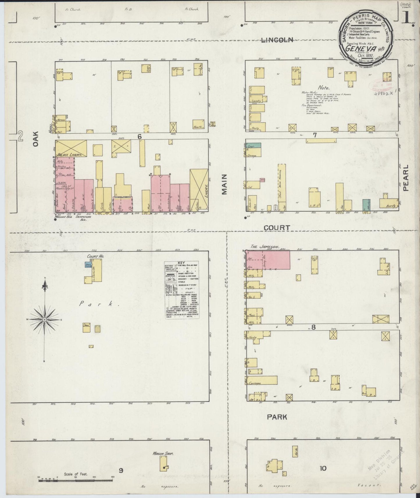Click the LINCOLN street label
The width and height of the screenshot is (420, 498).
(277, 40)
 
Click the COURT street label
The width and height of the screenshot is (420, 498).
(277, 228)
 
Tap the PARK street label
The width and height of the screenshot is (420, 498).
(277, 417)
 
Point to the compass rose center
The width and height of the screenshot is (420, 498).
(44, 320)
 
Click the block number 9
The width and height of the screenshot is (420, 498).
(121, 470)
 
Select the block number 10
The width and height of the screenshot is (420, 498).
(323, 468)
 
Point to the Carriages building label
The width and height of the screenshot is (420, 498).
(255, 383)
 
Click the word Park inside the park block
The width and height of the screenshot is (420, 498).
(97, 304)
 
